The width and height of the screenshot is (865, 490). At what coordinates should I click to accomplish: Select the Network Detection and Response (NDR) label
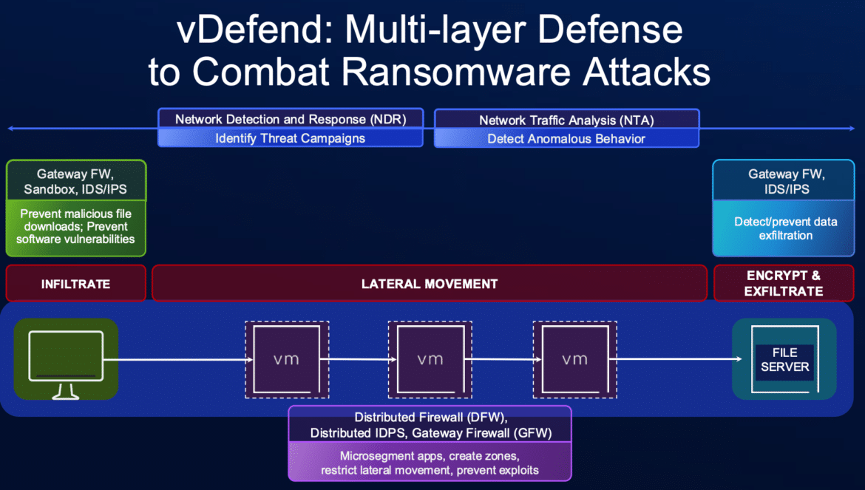(291, 119)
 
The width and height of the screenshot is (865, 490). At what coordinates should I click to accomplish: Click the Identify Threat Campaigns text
(290, 138)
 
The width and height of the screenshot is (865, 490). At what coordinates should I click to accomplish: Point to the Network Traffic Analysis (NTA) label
(566, 120)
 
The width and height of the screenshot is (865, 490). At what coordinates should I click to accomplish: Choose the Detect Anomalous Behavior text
(566, 139)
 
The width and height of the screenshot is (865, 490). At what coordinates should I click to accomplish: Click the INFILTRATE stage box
(76, 283)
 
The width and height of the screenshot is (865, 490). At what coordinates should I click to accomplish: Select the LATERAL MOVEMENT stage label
(430, 284)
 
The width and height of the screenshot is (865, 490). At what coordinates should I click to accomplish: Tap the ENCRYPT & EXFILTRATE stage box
(784, 283)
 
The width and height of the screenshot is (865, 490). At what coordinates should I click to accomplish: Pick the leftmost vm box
(287, 359)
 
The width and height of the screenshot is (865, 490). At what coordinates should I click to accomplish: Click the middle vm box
(430, 359)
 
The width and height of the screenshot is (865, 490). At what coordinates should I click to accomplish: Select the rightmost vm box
(575, 359)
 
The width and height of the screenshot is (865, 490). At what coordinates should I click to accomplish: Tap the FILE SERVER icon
(784, 359)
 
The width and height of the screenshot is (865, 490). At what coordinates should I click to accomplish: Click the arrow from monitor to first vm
(178, 360)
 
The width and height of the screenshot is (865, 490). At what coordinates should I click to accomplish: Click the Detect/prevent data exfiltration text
(786, 228)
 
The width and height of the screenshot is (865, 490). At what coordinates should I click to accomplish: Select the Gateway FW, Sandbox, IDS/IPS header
(75, 181)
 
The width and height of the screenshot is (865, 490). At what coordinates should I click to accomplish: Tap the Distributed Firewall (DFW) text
(430, 418)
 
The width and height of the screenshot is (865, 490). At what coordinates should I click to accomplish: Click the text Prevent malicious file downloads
(76, 220)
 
